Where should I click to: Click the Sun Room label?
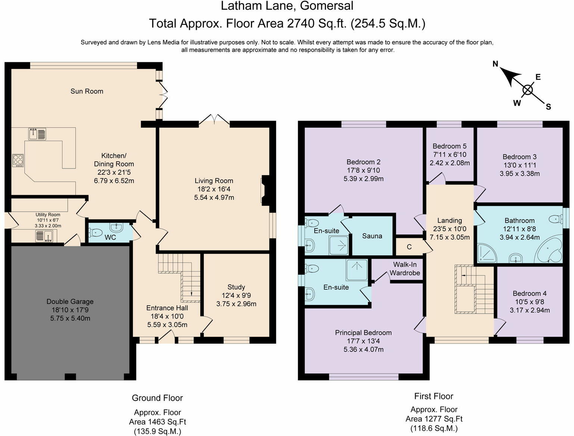[87, 91]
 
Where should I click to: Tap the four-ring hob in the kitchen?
[18, 160]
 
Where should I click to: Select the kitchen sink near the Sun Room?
[37, 134]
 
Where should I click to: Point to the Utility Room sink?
[44, 236]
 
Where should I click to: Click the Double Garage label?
[70, 302]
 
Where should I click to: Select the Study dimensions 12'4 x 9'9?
[236, 295]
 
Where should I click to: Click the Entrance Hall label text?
[167, 308]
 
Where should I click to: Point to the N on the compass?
[495, 64]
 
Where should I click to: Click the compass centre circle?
[527, 90]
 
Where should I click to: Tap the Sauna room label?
[372, 236]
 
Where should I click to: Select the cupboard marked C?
[409, 247]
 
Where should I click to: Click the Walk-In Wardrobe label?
[405, 269]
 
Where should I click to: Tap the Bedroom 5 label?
[449, 146]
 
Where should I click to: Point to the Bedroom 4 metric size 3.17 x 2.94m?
[530, 310]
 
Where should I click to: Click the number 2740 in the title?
[301, 24]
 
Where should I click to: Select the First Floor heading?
[433, 396]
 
